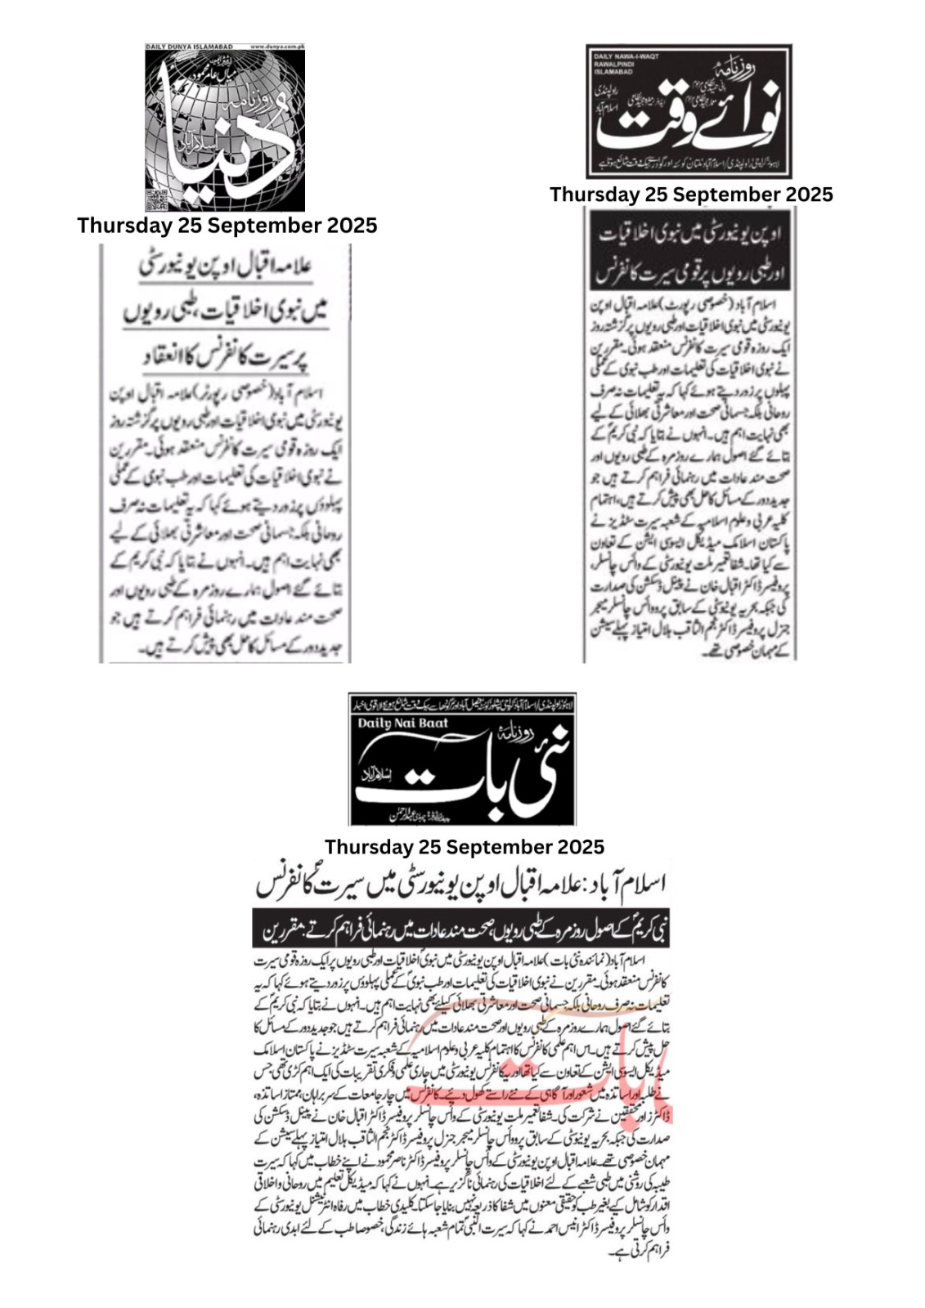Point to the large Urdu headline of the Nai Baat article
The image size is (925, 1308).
point(460,885)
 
